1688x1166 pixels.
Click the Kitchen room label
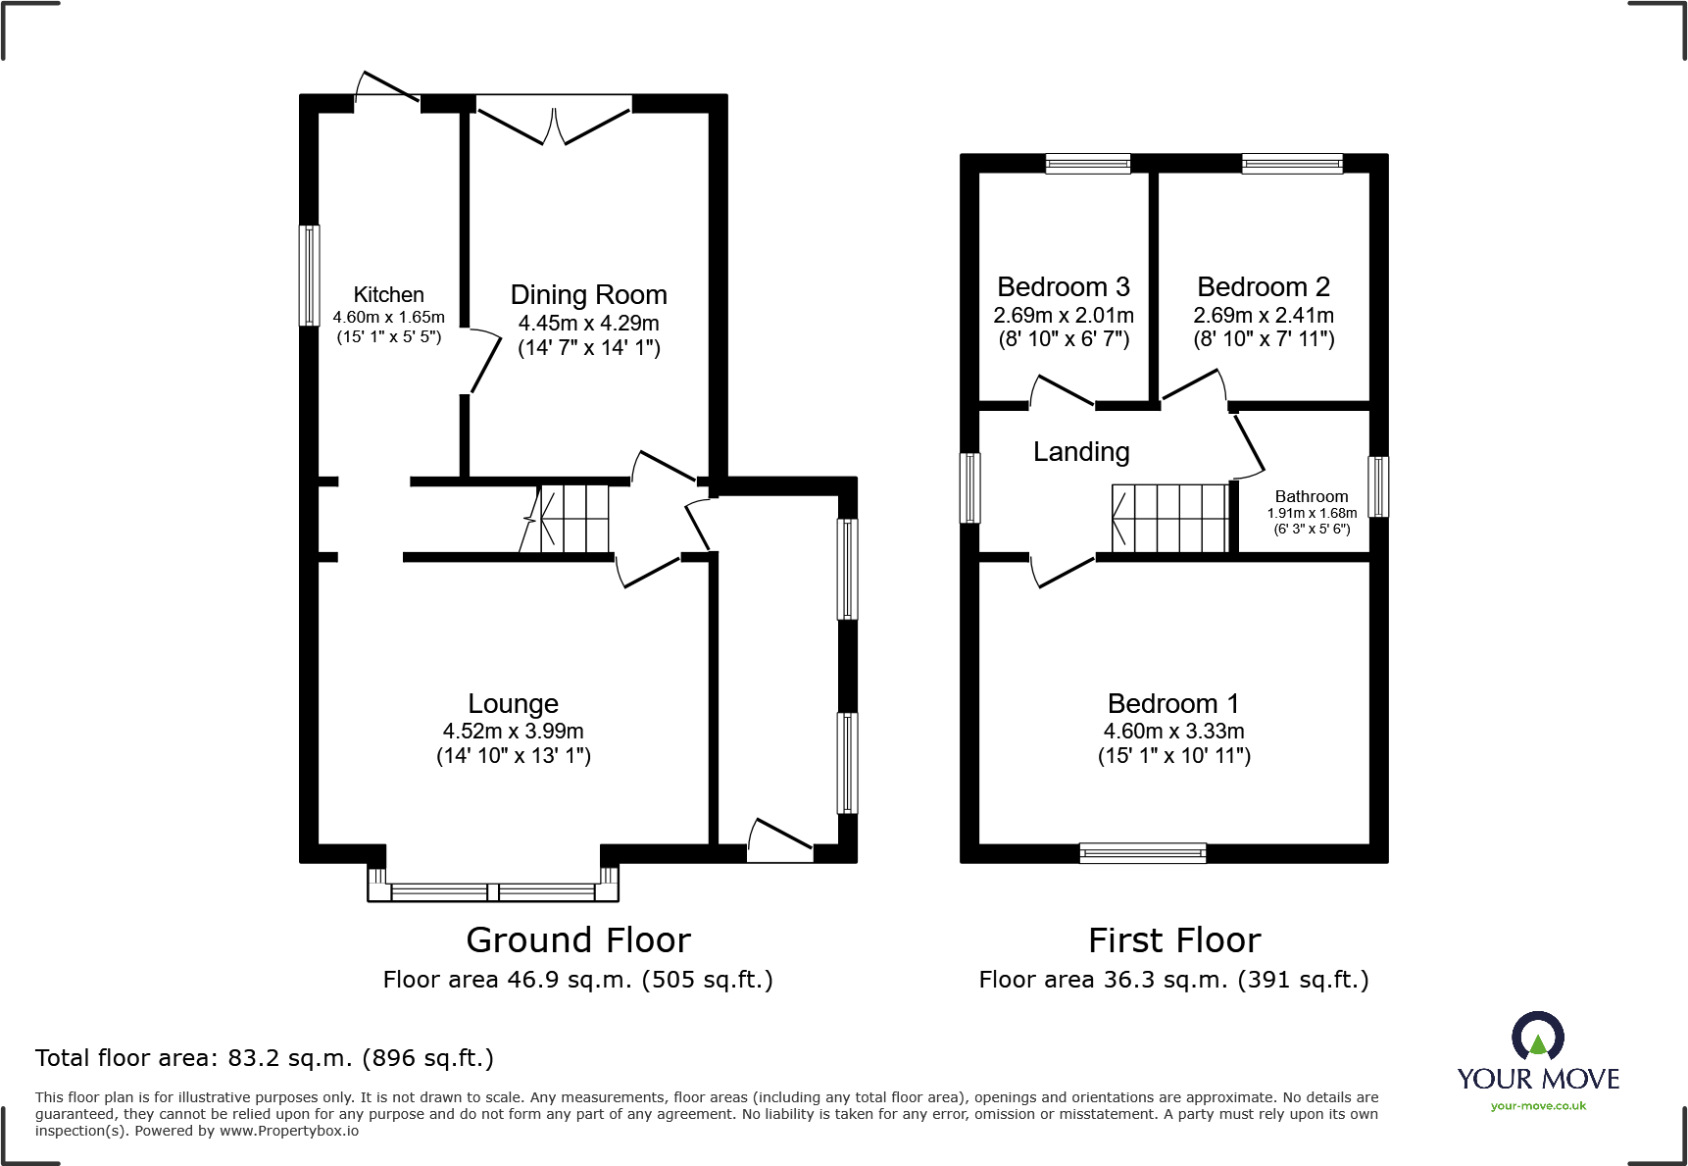click(x=388, y=294)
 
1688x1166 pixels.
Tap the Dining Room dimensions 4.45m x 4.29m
click(x=588, y=323)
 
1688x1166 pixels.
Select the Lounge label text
click(x=513, y=703)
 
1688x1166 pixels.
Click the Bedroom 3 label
click(x=1063, y=286)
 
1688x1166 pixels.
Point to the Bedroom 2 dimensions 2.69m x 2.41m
click(x=1263, y=315)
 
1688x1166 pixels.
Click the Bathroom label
click(x=1311, y=496)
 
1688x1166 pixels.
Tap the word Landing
click(x=1081, y=451)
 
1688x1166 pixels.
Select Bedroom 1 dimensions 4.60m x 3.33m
click(x=1173, y=731)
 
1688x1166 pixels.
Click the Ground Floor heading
click(x=578, y=939)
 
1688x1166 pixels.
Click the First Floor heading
click(x=1173, y=939)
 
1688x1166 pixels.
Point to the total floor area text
click(x=265, y=1057)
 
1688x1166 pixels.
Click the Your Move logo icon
click(x=1537, y=1037)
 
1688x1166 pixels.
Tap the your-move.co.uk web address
click(x=1537, y=1106)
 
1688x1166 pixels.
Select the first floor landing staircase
click(x=1169, y=518)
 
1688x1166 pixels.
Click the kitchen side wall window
click(x=309, y=276)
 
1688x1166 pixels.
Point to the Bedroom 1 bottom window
click(x=1142, y=853)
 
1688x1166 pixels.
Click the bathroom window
click(x=1378, y=486)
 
